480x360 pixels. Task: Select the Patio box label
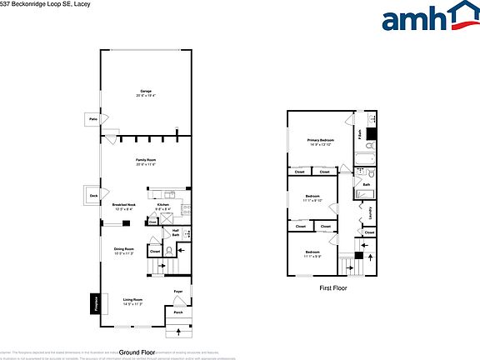93,120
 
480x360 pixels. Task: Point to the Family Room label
147,159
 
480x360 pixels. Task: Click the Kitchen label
164,205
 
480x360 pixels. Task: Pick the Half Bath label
175,233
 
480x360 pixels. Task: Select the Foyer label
178,291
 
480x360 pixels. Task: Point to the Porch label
177,312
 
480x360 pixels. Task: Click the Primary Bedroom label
320,140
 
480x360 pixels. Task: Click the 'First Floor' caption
333,287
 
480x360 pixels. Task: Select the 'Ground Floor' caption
137,352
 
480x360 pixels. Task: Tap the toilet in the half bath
170,249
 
